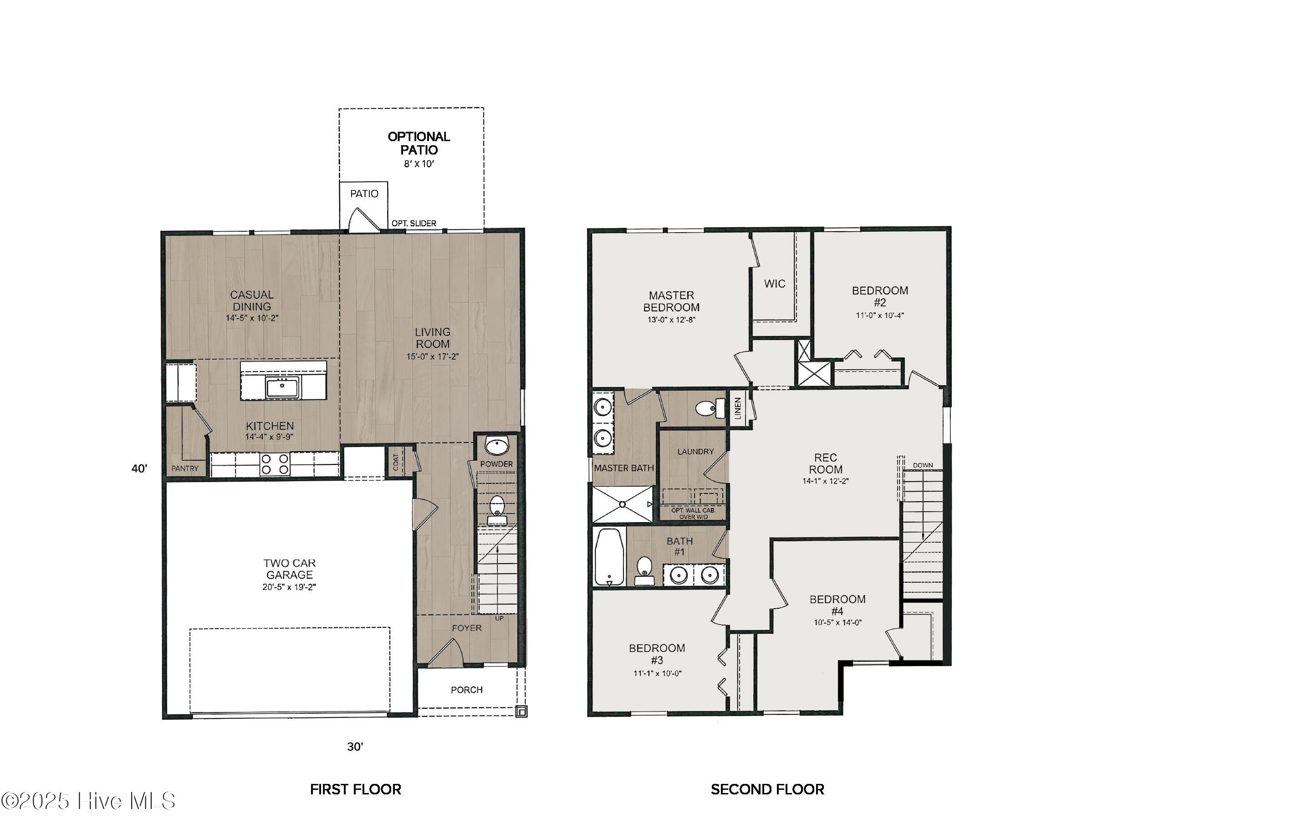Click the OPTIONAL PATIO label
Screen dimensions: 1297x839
tap(419, 143)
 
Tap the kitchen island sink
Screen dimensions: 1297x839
tap(282, 387)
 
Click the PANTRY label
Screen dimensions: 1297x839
tap(185, 468)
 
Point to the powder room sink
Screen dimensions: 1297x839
tap(496, 446)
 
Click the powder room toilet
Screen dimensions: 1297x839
tap(497, 509)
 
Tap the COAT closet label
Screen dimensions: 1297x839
tap(396, 462)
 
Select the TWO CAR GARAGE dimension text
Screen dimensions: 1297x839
tap(289, 587)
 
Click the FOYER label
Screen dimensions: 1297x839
tap(466, 628)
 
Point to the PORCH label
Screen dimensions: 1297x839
tap(466, 690)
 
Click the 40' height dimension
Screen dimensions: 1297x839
tap(139, 468)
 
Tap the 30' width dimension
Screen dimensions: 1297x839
tap(355, 747)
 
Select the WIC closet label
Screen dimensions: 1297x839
tap(774, 284)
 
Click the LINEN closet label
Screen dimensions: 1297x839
tap(738, 407)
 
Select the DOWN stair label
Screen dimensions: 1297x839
tap(923, 465)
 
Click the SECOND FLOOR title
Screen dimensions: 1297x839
tap(767, 789)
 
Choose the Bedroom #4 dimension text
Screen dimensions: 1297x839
tap(837, 623)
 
